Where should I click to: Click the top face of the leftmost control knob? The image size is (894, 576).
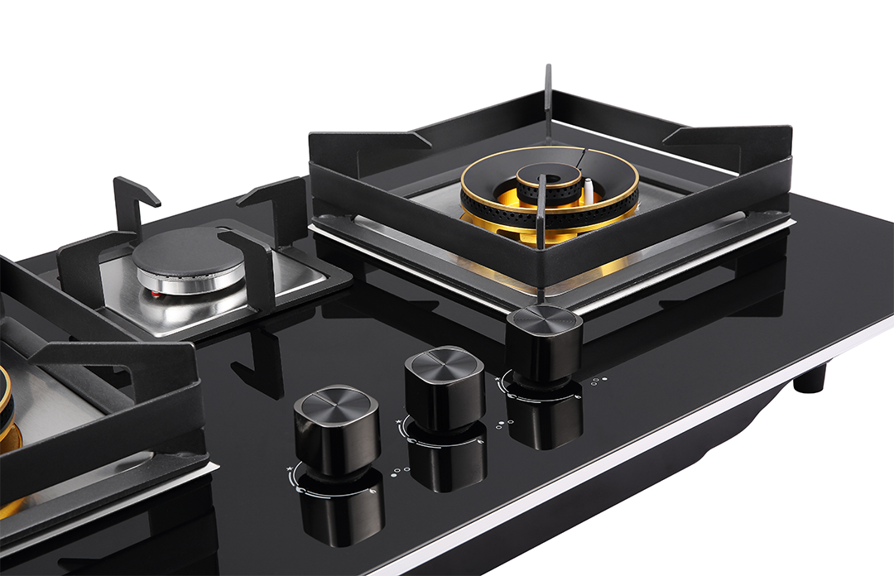(335, 403)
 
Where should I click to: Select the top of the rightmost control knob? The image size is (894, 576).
(545, 319)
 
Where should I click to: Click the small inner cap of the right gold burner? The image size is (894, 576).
(549, 175)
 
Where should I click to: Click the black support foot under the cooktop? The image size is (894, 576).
(810, 378)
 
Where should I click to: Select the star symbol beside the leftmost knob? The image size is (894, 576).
(289, 469)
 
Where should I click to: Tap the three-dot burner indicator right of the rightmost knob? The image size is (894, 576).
(598, 381)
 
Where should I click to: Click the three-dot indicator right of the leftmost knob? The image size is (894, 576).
(400, 471)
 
